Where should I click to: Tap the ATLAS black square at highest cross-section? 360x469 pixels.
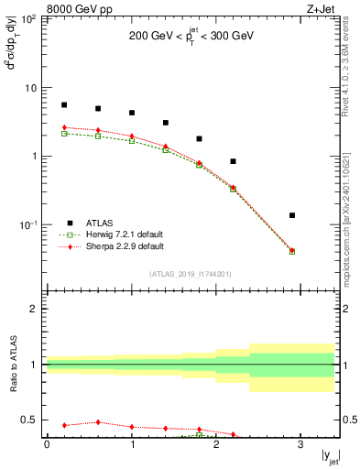tap(64, 105)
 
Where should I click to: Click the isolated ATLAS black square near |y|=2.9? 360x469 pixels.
tap(292, 215)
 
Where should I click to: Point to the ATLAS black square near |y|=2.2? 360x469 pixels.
tap(233, 161)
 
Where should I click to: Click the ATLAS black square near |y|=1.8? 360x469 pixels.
tap(199, 139)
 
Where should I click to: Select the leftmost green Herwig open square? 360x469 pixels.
tap(64, 134)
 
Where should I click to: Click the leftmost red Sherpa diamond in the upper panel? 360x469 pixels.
tap(64, 127)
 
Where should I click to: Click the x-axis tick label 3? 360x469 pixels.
tap(300, 445)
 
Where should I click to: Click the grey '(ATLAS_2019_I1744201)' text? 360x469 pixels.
tap(191, 274)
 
